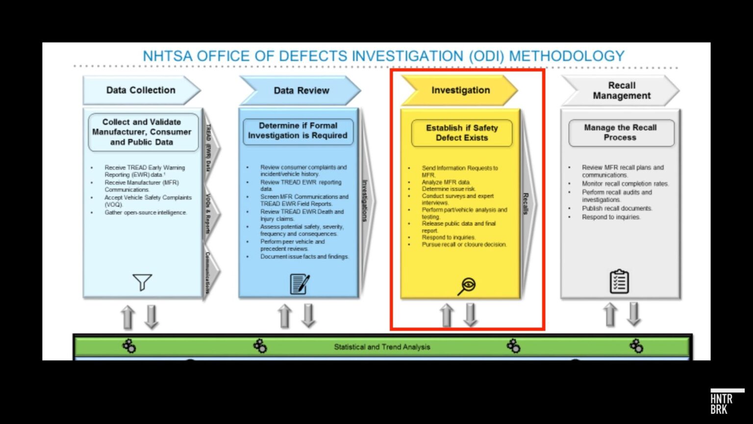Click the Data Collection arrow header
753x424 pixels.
[x=141, y=90]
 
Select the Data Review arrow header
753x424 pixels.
[x=301, y=91]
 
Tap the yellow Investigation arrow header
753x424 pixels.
[x=460, y=90]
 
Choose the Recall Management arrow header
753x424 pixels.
[x=621, y=91]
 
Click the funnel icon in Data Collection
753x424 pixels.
[x=142, y=282]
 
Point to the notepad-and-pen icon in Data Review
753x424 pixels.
[x=300, y=284]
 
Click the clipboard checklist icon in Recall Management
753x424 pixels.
[x=619, y=282]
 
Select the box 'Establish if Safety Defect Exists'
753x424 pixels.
[x=462, y=133]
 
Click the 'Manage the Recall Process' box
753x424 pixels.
[x=620, y=132]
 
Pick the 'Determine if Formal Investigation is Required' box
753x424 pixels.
[x=298, y=131]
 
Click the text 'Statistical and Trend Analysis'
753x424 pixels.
[x=382, y=347]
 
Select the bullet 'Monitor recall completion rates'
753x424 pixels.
[x=625, y=184]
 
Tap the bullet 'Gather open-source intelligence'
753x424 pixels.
[x=146, y=212]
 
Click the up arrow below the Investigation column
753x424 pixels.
[x=446, y=315]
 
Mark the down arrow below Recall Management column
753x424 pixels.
[x=634, y=314]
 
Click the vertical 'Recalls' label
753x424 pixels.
[x=526, y=203]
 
